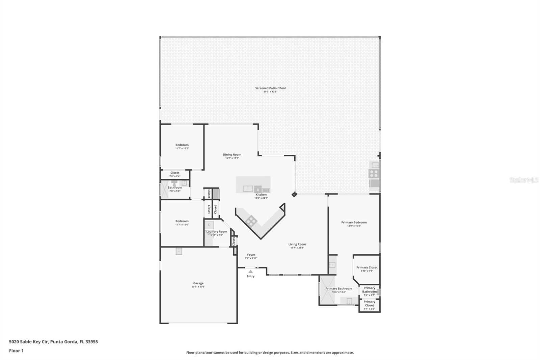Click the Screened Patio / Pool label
[270, 88]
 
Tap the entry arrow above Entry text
[250, 272]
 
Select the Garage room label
[198, 283]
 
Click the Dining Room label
[232, 155]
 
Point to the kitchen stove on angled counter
[251, 221]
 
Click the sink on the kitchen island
[248, 189]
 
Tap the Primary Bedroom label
[354, 222]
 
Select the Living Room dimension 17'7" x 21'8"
[297, 248]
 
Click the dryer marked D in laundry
[209, 225]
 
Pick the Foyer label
[251, 255]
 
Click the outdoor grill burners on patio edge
[374, 174]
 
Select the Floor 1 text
[16, 351]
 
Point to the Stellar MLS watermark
[524, 180]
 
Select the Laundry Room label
[217, 232]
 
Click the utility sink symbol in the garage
[179, 251]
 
